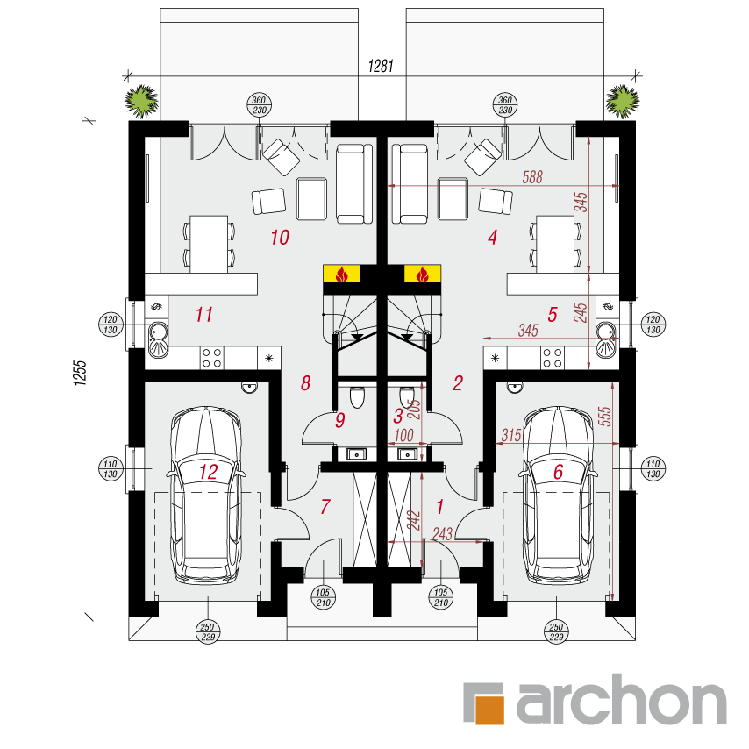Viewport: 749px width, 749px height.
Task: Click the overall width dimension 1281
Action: (381, 66)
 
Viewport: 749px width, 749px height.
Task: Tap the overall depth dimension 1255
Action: (80, 373)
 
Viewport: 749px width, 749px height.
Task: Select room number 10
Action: (280, 238)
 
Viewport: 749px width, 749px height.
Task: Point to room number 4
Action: (493, 237)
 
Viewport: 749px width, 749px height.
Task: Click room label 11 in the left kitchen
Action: (204, 315)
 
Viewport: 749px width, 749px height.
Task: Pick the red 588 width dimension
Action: (532, 177)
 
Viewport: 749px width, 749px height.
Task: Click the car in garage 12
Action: (206, 496)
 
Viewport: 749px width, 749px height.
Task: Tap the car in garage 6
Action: (557, 496)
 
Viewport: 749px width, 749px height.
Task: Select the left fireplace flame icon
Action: (341, 275)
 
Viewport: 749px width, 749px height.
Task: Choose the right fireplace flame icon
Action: (422, 275)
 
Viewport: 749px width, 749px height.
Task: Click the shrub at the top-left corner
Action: (142, 101)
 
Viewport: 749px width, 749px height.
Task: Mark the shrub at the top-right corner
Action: (623, 101)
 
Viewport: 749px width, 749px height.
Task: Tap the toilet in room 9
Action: (358, 397)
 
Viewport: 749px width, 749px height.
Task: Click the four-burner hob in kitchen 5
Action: (553, 358)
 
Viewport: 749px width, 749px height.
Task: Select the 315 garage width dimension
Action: (511, 435)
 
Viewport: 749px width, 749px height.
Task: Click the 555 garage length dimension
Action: (604, 416)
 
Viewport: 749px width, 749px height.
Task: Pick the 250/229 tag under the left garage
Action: (208, 632)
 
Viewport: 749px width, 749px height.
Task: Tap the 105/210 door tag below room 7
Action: (323, 597)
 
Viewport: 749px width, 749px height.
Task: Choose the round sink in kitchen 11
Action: (158, 330)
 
